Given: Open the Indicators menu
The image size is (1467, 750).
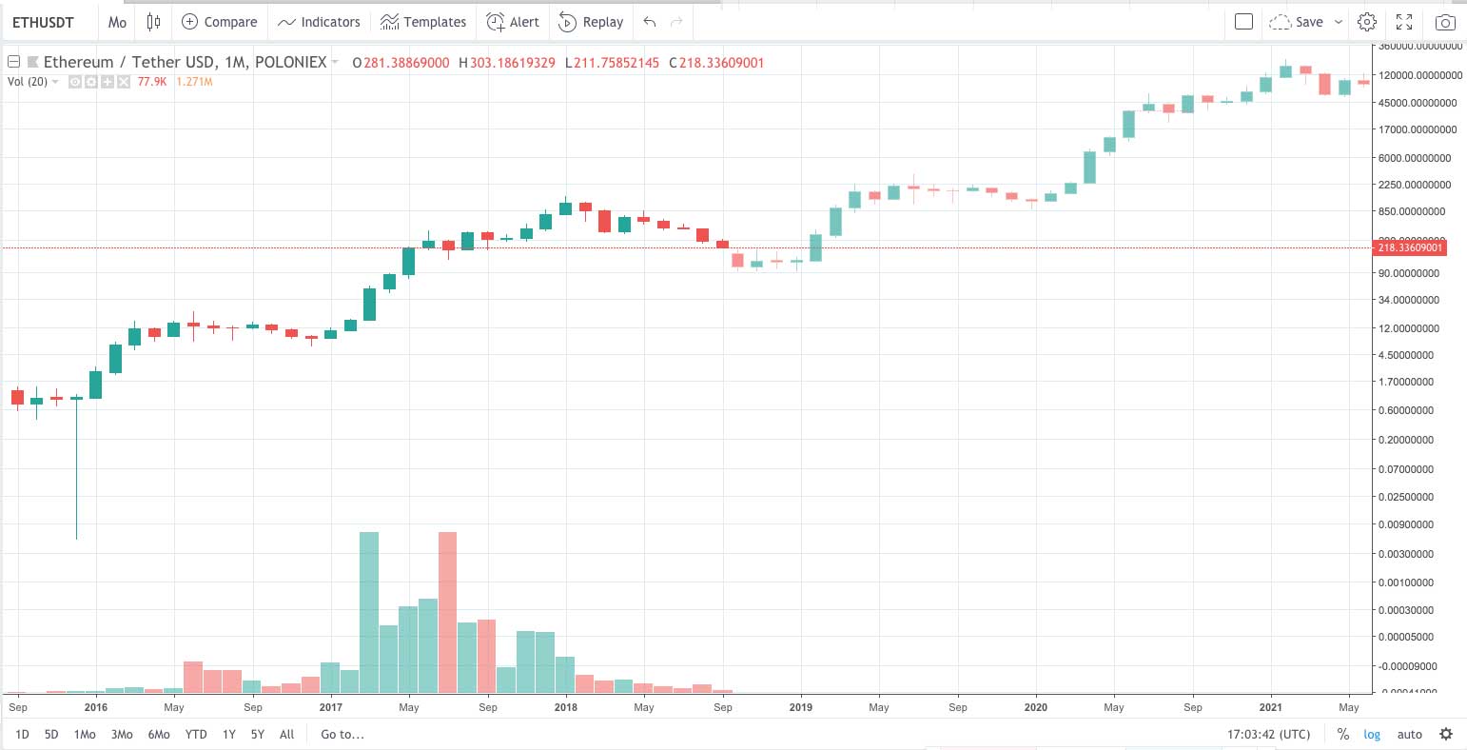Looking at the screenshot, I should click(x=319, y=22).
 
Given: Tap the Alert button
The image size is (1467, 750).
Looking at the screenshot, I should click(x=513, y=22).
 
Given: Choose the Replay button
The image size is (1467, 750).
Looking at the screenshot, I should click(x=591, y=22).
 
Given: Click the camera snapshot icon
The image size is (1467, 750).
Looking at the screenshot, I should click(x=1445, y=22).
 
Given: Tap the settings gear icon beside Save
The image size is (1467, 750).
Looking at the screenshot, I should click(x=1367, y=22).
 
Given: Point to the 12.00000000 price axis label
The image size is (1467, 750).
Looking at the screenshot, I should click(x=1418, y=328).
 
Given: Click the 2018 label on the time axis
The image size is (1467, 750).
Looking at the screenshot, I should click(x=565, y=707).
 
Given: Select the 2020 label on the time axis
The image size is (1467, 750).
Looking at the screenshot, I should click(x=1035, y=707).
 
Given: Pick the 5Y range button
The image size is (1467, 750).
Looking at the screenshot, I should click(x=258, y=734).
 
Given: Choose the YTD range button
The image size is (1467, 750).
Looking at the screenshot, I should click(x=196, y=734).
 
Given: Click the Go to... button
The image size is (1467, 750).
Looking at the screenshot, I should click(x=342, y=734).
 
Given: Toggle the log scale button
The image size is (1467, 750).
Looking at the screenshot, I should click(x=1372, y=734).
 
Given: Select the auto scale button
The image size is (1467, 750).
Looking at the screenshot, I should click(x=1409, y=734).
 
